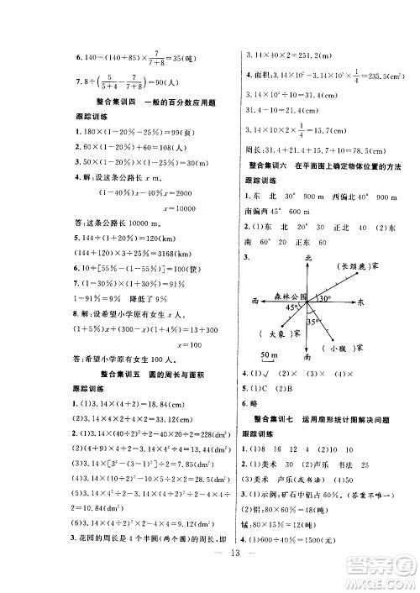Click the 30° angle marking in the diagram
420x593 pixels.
pyautogui.click(x=324, y=296)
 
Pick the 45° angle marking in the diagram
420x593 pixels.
pyautogui.click(x=290, y=307)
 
